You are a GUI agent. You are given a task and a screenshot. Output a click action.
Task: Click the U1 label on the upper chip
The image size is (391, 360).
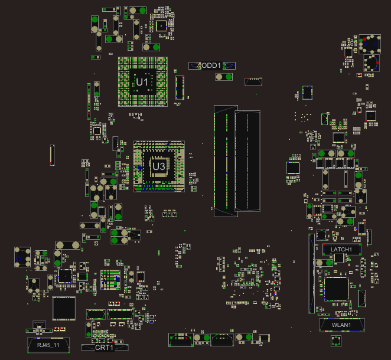142,82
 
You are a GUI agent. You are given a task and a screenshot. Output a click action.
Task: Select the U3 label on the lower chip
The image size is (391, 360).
159,166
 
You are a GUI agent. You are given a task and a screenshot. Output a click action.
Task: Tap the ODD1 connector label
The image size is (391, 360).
211,66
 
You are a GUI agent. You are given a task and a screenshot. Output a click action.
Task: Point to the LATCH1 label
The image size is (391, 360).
341,250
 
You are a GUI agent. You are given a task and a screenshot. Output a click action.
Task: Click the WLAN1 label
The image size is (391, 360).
341,325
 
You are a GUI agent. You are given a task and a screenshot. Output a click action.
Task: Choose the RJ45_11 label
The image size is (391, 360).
48,345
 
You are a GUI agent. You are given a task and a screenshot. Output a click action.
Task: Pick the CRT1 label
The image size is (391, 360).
104,348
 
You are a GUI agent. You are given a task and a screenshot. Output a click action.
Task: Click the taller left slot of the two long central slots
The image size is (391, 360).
226,161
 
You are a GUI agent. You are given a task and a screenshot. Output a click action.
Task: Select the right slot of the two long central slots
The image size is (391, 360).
247,161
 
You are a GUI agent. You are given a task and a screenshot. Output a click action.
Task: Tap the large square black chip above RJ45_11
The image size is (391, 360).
64,309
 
